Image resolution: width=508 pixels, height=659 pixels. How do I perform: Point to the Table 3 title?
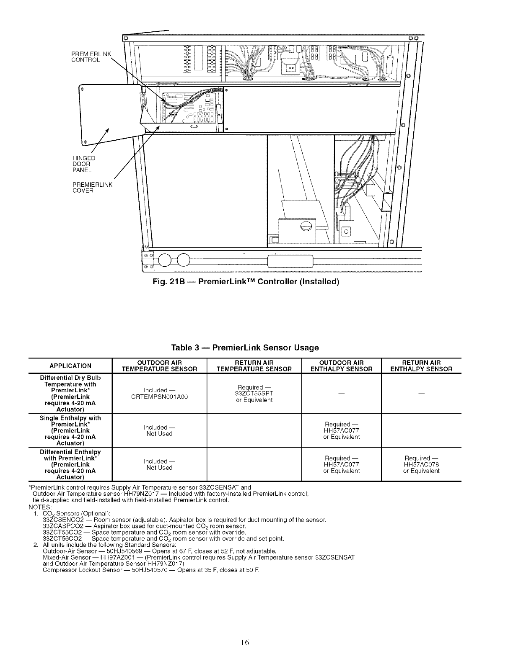click(x=245, y=348)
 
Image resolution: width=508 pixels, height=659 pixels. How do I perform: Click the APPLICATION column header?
click(x=70, y=366)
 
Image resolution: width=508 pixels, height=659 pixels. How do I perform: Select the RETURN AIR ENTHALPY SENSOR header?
click(x=421, y=366)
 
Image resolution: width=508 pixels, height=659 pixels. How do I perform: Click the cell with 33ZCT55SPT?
click(x=254, y=394)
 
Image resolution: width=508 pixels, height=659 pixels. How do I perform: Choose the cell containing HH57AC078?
click(x=421, y=464)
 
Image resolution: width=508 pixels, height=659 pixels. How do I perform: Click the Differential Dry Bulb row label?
click(x=70, y=393)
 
